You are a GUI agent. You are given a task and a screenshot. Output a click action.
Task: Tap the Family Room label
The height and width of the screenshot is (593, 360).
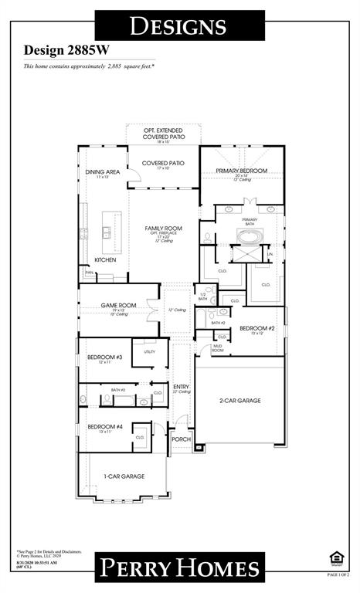(x=163, y=229)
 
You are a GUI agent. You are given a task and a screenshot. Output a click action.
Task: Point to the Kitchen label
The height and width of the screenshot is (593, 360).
(x=105, y=260)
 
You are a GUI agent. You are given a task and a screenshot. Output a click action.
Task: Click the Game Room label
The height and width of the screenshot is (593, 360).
(x=118, y=305)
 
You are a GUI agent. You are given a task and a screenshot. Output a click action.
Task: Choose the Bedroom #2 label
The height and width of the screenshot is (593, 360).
(x=256, y=328)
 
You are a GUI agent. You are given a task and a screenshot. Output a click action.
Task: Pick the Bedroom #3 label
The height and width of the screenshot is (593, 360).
(x=104, y=357)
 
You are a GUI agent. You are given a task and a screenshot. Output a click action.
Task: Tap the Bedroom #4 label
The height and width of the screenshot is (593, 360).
(x=104, y=426)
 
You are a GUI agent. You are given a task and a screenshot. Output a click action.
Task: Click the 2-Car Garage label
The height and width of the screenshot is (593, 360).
(x=239, y=401)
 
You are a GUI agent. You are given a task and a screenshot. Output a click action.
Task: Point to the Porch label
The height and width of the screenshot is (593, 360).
(x=181, y=439)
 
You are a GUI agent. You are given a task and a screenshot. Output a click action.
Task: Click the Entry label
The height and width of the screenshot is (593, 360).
(x=181, y=386)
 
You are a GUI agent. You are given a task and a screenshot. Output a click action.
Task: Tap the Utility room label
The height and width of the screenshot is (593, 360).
(x=149, y=351)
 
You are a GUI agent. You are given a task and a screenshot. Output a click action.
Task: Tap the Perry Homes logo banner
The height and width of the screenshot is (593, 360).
(x=179, y=568)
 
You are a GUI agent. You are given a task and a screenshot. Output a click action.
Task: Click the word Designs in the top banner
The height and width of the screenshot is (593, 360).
(x=179, y=25)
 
